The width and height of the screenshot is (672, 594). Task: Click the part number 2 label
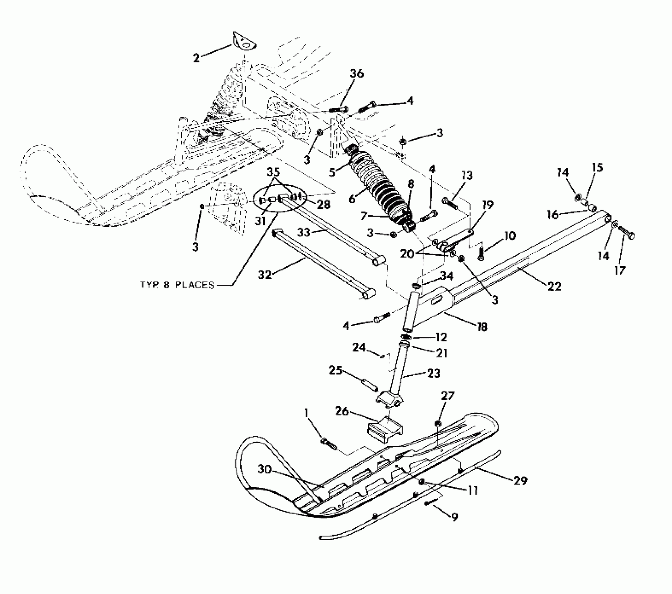click(196, 58)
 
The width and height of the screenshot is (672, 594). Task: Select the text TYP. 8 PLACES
click(177, 285)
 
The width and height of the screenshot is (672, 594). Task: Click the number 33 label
click(305, 233)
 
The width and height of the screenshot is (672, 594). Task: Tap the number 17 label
click(620, 270)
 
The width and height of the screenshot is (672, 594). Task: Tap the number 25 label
click(336, 370)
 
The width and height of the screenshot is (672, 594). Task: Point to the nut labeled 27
click(437, 424)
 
